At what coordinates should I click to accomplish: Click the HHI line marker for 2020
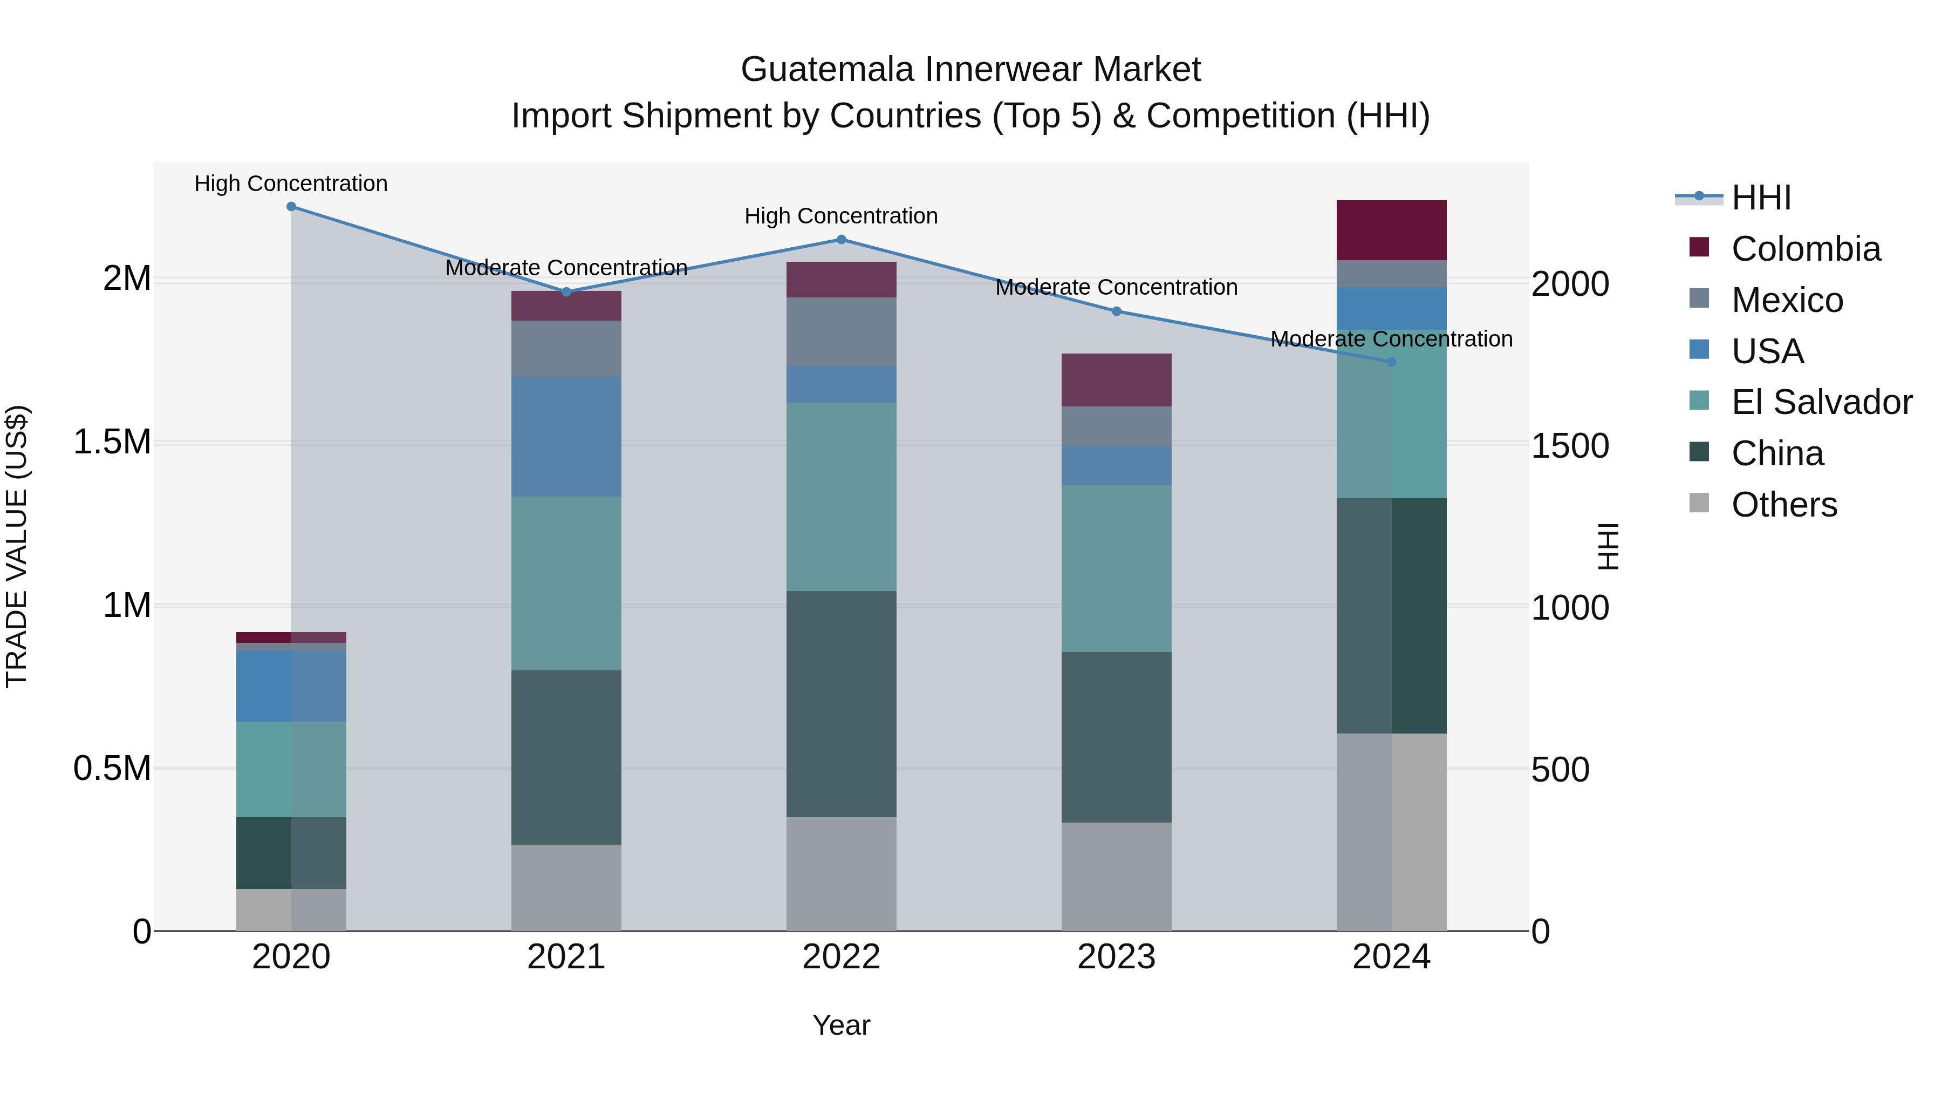291,207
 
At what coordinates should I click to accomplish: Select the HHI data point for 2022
842,240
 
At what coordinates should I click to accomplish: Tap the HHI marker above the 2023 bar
1117,311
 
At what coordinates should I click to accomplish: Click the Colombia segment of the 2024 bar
1391,230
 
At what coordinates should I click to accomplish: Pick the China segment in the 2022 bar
842,704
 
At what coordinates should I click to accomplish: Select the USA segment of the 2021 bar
566,436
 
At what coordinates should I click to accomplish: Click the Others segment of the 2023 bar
1117,877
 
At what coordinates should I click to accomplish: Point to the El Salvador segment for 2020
291,769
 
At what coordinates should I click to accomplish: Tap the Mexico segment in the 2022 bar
842,332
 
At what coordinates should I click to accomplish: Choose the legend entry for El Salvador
1821,402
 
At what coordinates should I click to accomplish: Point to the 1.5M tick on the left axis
112,442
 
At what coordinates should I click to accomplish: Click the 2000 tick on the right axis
1570,284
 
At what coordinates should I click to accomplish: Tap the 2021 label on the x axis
566,957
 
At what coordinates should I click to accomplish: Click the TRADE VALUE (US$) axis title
17,546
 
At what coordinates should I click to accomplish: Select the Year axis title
842,1025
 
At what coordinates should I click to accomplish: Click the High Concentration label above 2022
842,216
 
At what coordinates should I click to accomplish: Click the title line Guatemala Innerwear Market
970,70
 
